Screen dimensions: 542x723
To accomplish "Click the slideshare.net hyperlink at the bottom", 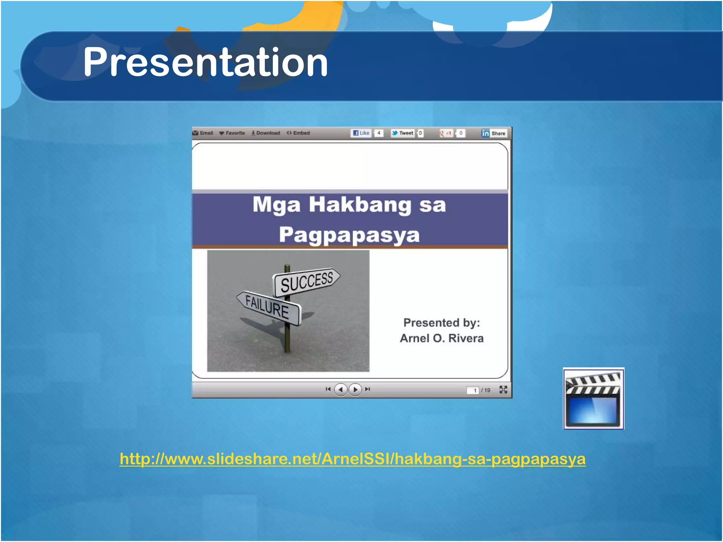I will pos(352,459).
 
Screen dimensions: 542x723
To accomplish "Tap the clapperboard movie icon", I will pos(593,398).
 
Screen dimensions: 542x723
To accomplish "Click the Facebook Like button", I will pos(361,133).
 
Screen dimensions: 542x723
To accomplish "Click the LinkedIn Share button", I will pos(494,133).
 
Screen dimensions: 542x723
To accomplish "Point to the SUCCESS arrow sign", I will pos(306,281).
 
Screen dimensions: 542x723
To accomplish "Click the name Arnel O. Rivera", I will pos(442,338).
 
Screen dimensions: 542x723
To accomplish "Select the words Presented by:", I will pos(442,323).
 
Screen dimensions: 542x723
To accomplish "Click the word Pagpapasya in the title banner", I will pos(349,235).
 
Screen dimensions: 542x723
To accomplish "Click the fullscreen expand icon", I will pos(503,390).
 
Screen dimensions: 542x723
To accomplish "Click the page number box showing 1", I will pos(473,390).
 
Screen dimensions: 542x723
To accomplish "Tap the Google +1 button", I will pos(446,133).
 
